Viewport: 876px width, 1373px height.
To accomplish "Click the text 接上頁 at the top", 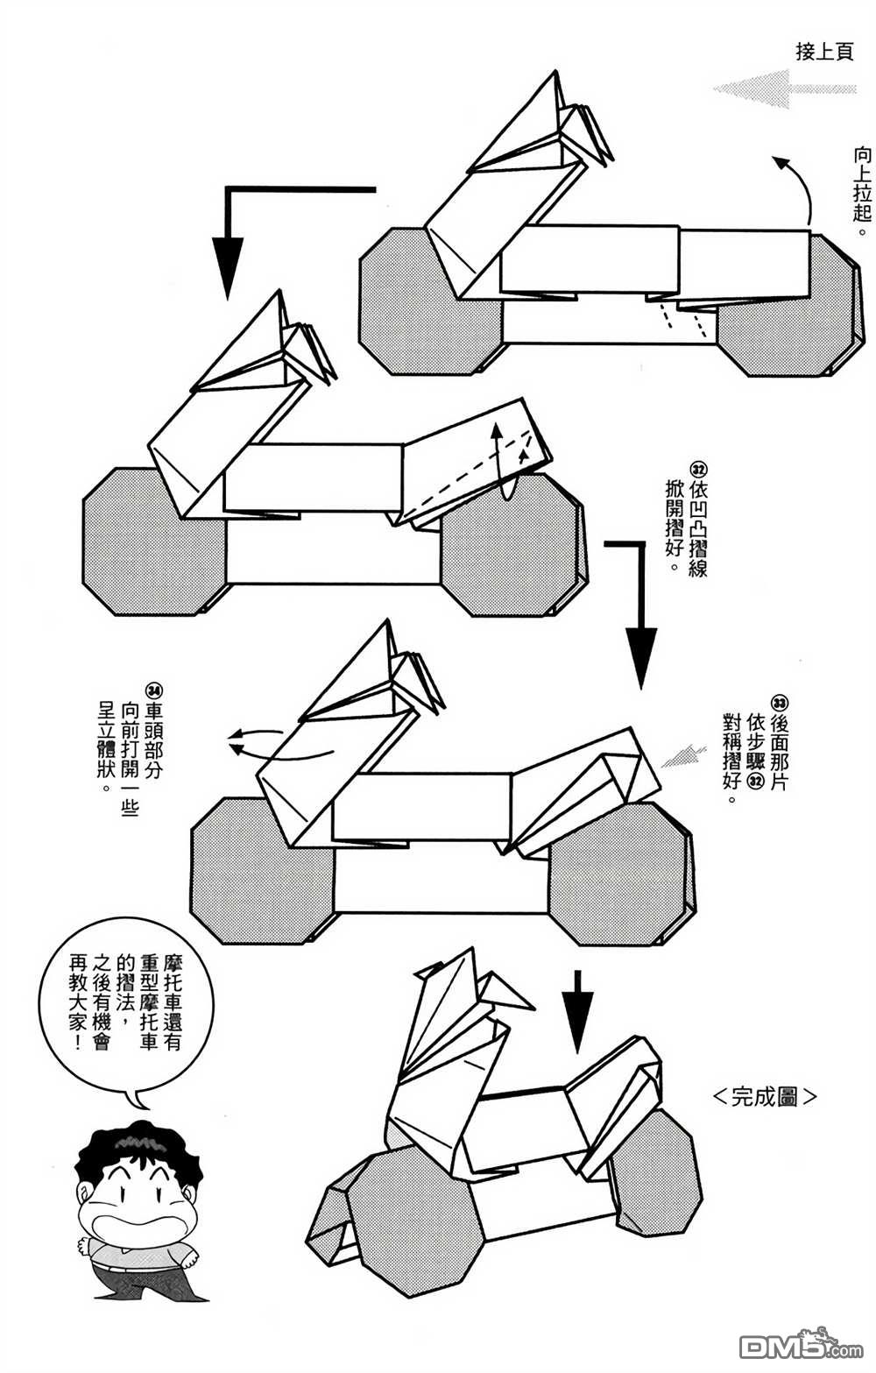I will [823, 52].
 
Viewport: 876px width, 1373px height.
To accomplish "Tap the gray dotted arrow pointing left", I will [783, 88].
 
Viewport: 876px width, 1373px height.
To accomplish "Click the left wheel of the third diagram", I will [261, 872].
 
